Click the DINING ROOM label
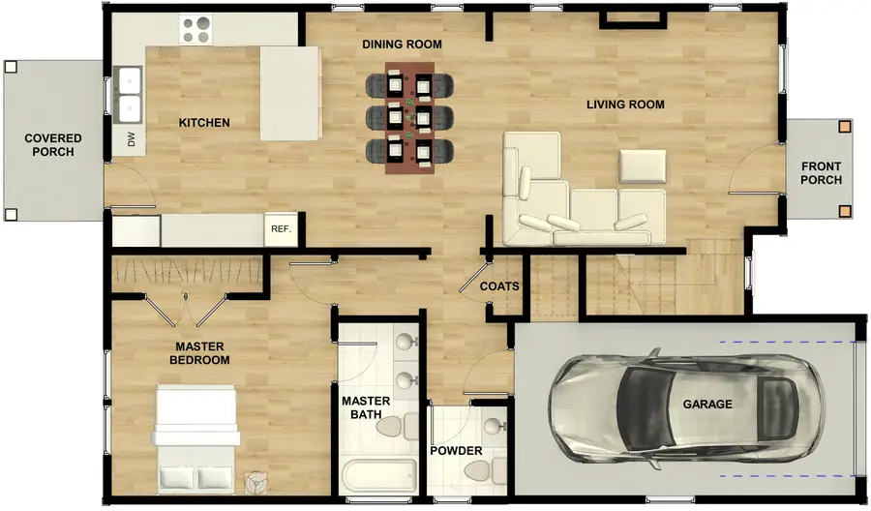tap(402, 45)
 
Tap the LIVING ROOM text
tap(625, 105)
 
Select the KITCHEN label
tap(204, 123)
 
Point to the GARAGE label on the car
tap(707, 405)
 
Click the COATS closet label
tap(500, 286)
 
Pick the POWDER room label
tap(456, 451)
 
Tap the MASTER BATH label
tap(366, 408)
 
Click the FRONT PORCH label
tap(821, 173)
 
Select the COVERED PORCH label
tap(52, 145)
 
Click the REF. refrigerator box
tap(282, 229)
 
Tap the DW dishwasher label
tap(131, 140)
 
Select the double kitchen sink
tap(128, 94)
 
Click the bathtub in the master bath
tap(378, 475)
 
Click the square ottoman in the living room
tap(643, 166)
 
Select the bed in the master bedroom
tap(196, 436)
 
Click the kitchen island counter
tap(289, 93)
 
